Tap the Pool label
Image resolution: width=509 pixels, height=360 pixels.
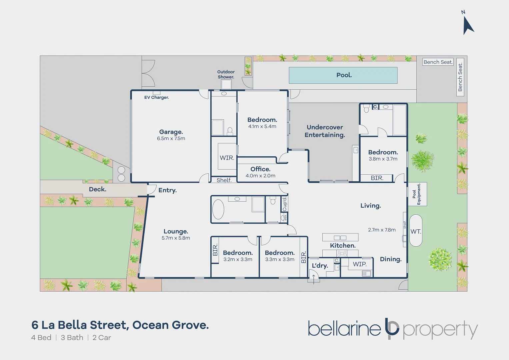(x=344, y=75)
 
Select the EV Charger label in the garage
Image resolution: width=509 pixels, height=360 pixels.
(x=156, y=98)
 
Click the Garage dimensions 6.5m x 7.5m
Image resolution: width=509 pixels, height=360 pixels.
(x=171, y=139)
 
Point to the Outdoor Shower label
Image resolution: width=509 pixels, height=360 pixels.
(x=226, y=74)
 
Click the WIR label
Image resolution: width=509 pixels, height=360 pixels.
(x=227, y=158)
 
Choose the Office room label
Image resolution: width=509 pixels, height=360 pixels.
(x=260, y=169)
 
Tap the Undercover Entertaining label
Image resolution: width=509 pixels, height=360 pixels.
(x=325, y=131)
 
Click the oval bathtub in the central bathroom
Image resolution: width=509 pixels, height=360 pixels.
(x=218, y=209)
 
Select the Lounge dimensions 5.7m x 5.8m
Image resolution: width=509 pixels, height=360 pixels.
(x=176, y=238)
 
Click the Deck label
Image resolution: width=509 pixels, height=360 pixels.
(x=97, y=189)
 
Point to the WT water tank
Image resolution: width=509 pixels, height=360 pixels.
(x=416, y=231)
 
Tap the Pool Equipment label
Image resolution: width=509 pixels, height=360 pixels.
(x=417, y=194)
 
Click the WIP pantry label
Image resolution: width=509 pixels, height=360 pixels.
(x=359, y=264)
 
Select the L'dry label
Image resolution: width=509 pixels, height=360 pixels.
(x=320, y=266)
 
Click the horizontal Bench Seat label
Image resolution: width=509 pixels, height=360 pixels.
(x=438, y=62)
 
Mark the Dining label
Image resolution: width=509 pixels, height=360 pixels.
(x=391, y=259)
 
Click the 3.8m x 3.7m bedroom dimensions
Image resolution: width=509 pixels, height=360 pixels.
(x=383, y=159)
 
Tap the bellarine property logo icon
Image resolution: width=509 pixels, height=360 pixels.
(x=392, y=328)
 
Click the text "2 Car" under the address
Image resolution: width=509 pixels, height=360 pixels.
(x=102, y=338)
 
